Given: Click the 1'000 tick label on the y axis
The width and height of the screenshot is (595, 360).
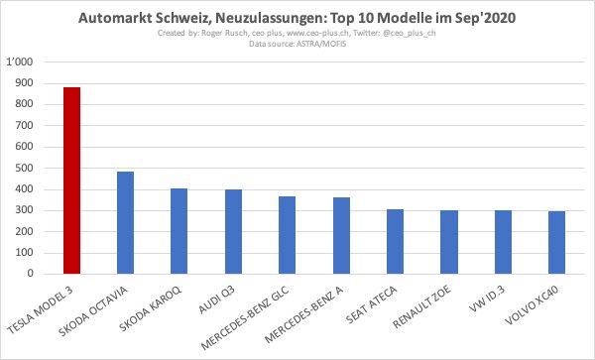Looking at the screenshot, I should click(20, 61).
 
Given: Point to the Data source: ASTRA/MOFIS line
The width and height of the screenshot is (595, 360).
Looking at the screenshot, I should click(298, 45).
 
